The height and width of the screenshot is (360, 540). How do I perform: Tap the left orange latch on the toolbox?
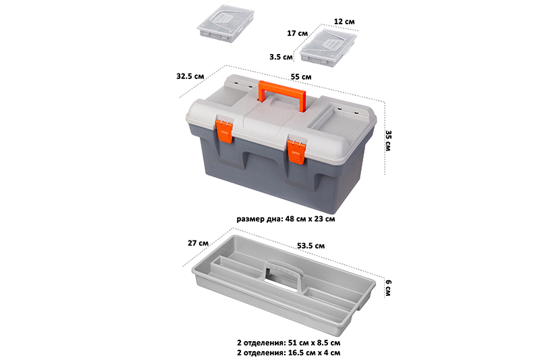[x=224, y=131]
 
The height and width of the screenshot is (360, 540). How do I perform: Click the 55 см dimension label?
[x=301, y=77]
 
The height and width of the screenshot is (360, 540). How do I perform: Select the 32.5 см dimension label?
[x=190, y=76]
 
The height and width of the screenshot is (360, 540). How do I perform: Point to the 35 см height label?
[x=388, y=140]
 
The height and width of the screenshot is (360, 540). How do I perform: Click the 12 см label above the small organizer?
[x=344, y=22]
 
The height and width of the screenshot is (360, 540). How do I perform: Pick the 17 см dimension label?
[x=298, y=33]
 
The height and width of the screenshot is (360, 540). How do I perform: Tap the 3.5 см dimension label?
[x=281, y=57]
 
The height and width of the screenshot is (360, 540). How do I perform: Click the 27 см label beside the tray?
[x=198, y=243]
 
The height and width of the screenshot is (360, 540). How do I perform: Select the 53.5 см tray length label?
[x=310, y=246]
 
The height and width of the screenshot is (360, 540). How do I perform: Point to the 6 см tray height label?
[x=388, y=288]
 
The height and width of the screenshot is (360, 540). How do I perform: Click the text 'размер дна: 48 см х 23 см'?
[x=286, y=219]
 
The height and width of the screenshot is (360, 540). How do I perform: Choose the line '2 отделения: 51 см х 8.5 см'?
[x=289, y=342]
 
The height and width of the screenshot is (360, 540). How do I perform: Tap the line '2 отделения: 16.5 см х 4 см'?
[x=289, y=353]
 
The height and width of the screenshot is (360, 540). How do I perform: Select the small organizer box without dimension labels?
[x=225, y=23]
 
